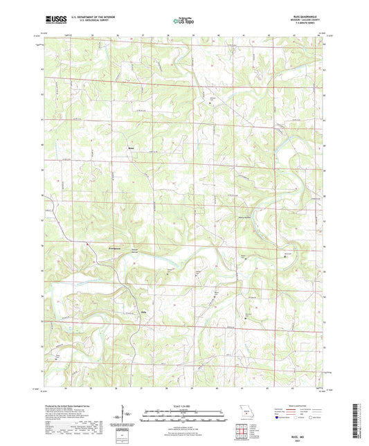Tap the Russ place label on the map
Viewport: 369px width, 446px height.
pyautogui.click(x=131, y=147)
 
